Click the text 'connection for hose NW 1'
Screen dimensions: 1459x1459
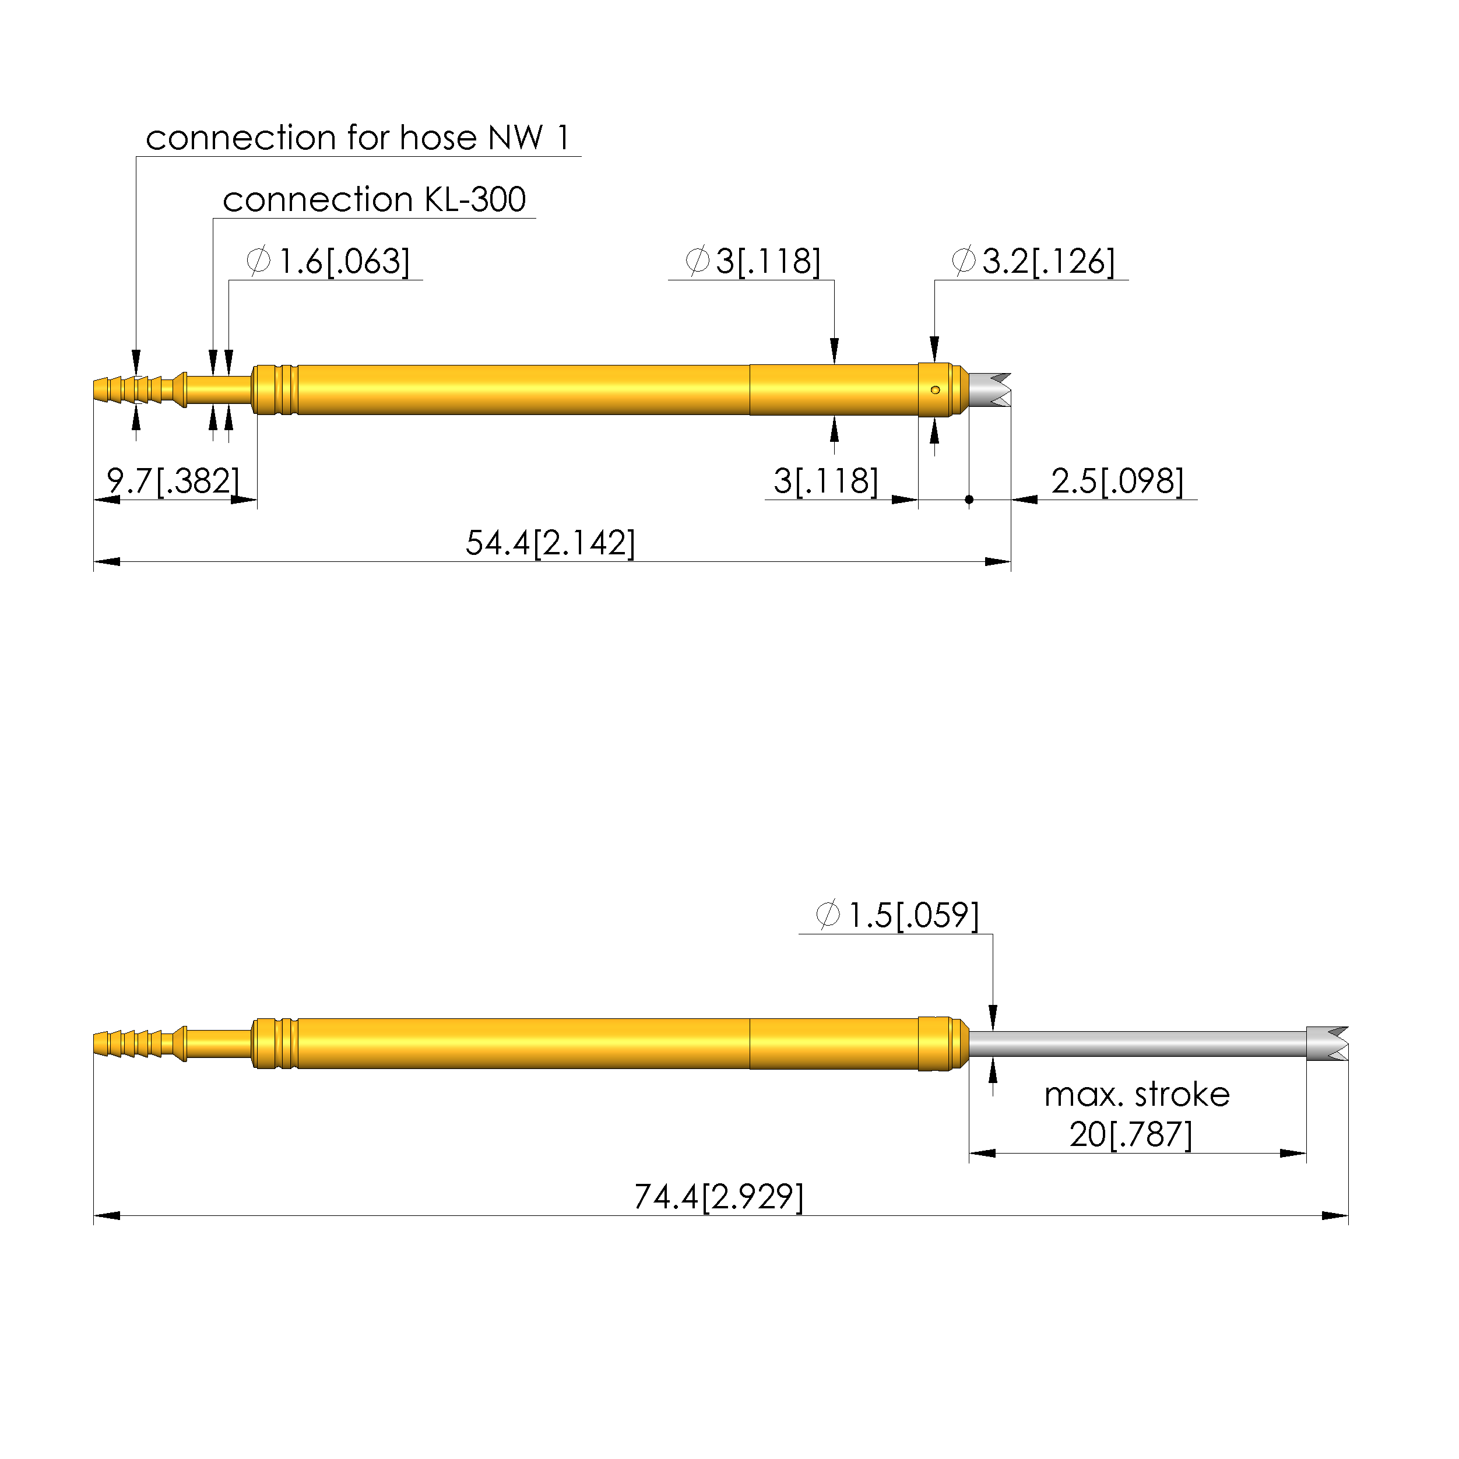(357, 138)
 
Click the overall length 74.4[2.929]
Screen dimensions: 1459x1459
(719, 1197)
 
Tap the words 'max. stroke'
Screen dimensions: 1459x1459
(1137, 1095)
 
